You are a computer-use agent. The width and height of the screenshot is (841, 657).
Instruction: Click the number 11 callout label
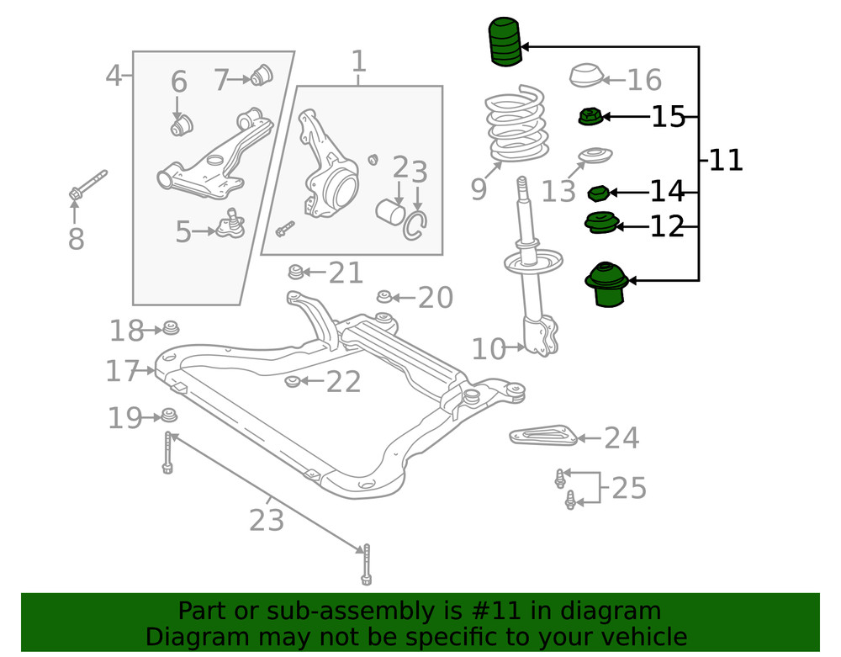pos(726,160)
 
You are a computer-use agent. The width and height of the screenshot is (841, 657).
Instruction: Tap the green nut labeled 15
pos(589,117)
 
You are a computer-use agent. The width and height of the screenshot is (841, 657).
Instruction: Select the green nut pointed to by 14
pos(598,194)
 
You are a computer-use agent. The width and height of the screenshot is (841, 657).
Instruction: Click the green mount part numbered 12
pos(600,224)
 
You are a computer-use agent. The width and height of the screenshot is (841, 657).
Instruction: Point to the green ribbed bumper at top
pos(505,43)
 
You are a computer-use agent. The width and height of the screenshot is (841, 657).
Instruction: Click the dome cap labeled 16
pos(586,77)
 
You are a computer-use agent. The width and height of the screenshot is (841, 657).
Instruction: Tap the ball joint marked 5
pos(230,225)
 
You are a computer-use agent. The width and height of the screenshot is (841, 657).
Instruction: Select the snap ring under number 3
pos(416,224)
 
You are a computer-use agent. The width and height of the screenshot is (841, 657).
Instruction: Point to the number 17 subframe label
pos(122,371)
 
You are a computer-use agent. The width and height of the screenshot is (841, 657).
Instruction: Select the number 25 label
pos(628,488)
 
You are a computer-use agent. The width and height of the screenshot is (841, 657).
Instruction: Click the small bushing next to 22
pos(292,383)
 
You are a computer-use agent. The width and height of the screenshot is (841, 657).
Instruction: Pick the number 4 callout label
pos(114,77)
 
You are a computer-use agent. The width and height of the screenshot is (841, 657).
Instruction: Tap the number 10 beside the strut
pos(489,348)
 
